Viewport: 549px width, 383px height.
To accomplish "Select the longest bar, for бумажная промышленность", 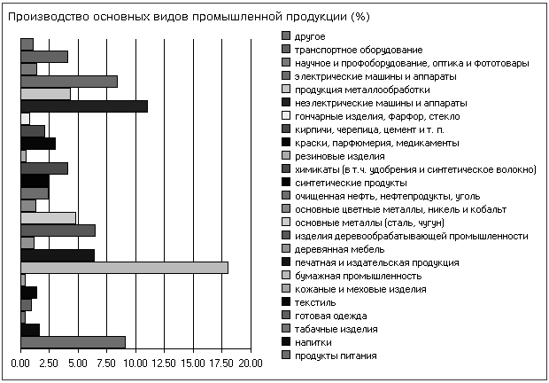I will pyautogui.click(x=124, y=268).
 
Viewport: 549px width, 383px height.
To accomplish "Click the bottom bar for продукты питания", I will pyautogui.click(x=73, y=342).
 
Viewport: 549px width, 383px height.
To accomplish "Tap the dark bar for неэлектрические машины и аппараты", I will pyautogui.click(x=83, y=106).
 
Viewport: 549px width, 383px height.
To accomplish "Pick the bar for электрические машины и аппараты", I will pyautogui.click(x=68, y=82).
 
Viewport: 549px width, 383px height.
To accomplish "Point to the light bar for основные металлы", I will pyautogui.click(x=48, y=218).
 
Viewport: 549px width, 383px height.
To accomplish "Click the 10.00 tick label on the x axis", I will pyautogui.click(x=135, y=363).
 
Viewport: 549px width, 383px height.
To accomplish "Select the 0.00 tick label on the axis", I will pyautogui.click(x=20, y=363).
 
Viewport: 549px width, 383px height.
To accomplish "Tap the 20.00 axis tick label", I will pyautogui.click(x=251, y=363).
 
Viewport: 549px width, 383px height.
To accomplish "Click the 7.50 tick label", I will pyautogui.click(x=106, y=363).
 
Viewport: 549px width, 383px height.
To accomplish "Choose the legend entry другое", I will pyautogui.click(x=309, y=36).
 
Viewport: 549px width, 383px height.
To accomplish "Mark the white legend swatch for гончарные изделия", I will pyautogui.click(x=285, y=116).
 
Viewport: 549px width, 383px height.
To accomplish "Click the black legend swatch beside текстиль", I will pyautogui.click(x=285, y=302).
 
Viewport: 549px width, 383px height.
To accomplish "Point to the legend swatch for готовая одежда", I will pyautogui.click(x=285, y=316).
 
